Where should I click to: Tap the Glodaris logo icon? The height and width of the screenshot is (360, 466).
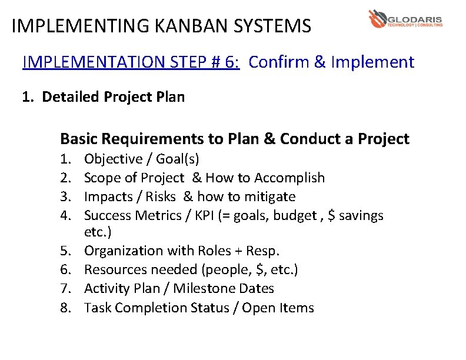tap(377, 19)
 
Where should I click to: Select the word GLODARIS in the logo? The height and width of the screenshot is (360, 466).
tap(415, 18)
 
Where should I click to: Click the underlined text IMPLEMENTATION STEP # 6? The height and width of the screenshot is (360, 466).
tap(131, 62)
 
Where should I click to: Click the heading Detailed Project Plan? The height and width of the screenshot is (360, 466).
tap(113, 96)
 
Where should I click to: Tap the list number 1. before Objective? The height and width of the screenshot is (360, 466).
tap(65, 159)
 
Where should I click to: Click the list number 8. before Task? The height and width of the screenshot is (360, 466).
tap(65, 308)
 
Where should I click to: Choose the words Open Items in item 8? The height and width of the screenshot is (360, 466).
tap(278, 308)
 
